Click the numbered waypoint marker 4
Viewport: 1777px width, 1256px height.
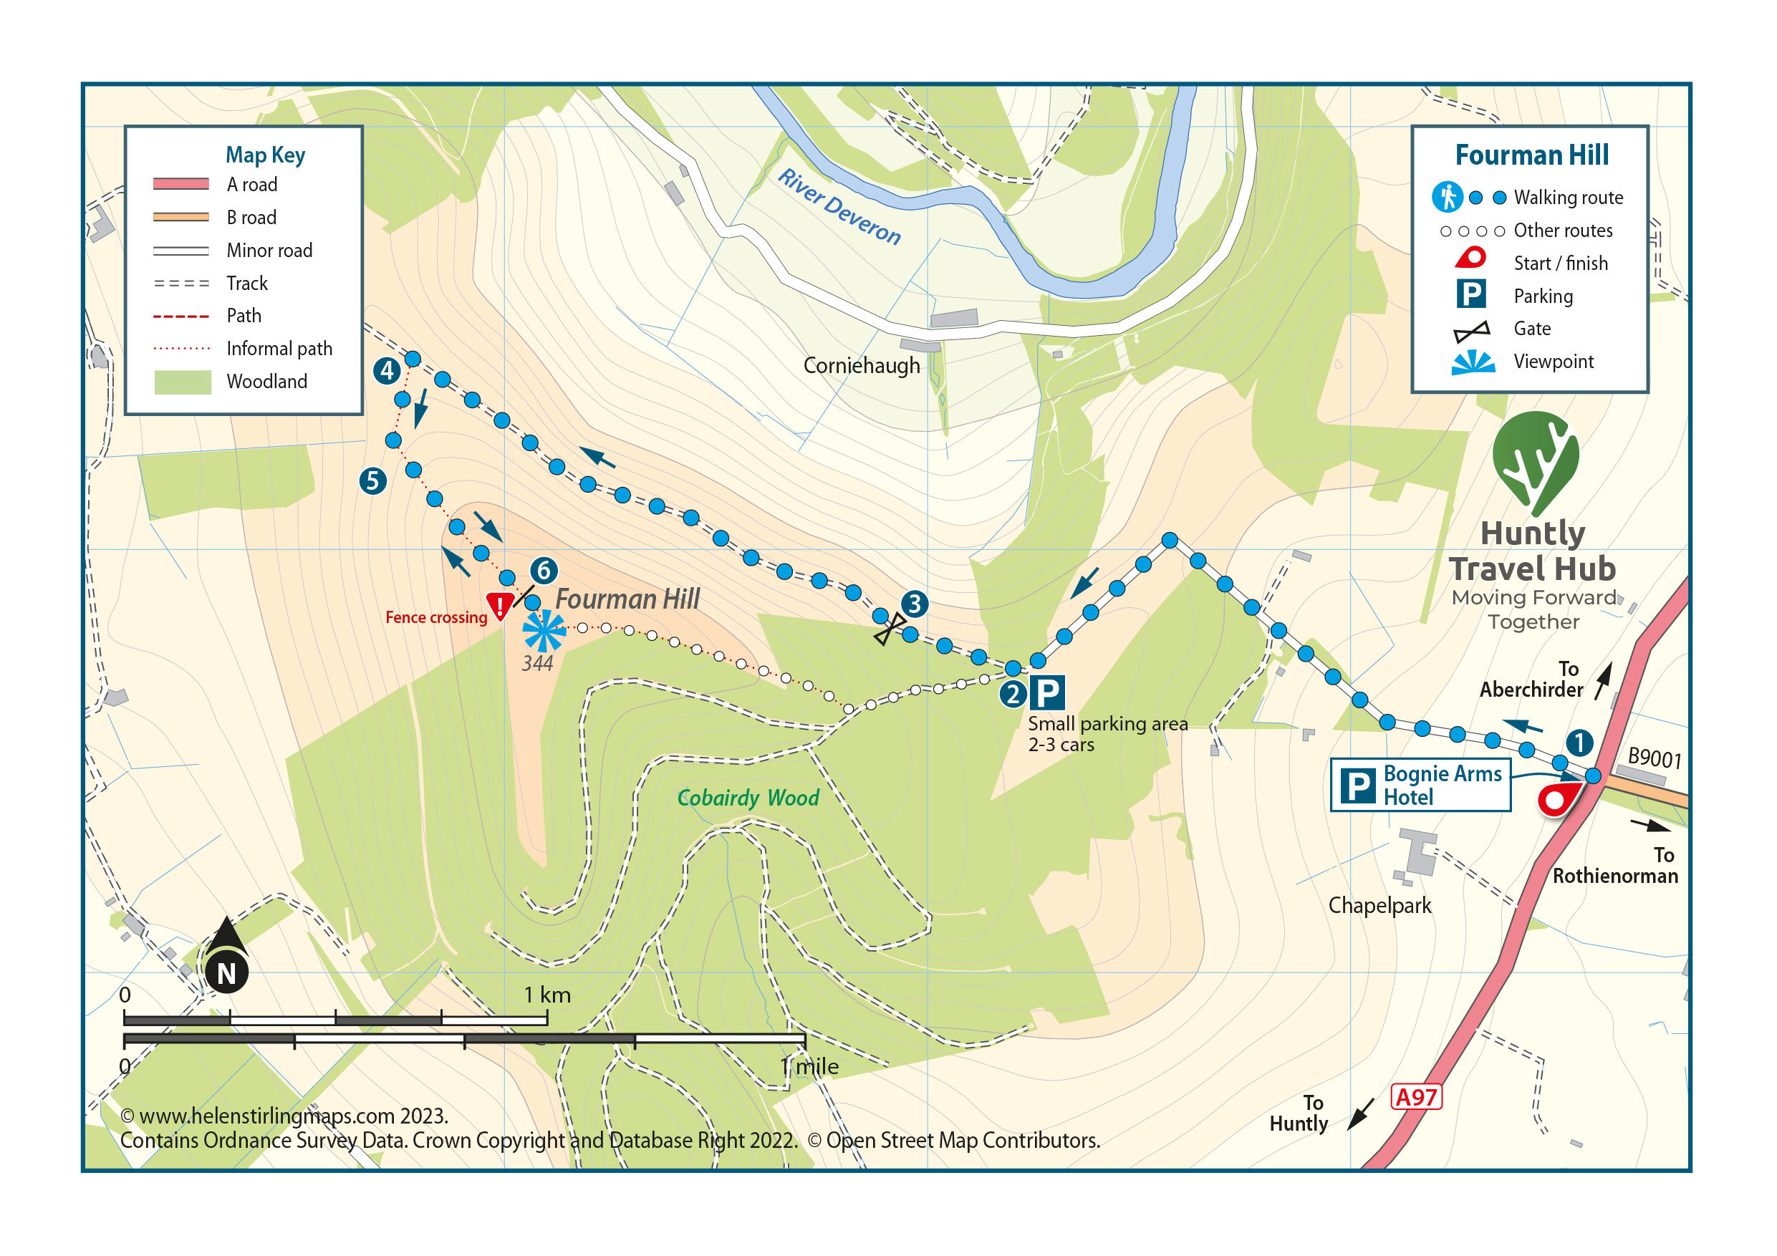387,371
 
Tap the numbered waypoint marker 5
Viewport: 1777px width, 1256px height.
372,481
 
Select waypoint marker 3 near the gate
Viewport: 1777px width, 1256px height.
915,604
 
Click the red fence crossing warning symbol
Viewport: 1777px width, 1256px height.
500,605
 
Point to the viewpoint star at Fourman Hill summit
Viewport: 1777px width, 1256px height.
544,631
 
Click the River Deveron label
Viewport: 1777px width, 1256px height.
839,207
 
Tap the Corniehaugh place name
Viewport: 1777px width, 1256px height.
862,365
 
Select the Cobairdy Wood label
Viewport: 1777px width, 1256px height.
748,798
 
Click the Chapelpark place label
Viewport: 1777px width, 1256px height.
1380,905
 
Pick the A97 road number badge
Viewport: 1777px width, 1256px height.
1415,1097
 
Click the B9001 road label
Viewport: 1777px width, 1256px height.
1654,758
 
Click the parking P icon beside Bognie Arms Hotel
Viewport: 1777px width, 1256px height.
1357,786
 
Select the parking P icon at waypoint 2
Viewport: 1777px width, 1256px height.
1047,692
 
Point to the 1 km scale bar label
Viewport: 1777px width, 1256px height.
546,995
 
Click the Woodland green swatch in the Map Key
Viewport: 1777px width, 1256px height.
183,382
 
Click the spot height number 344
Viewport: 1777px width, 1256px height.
537,664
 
